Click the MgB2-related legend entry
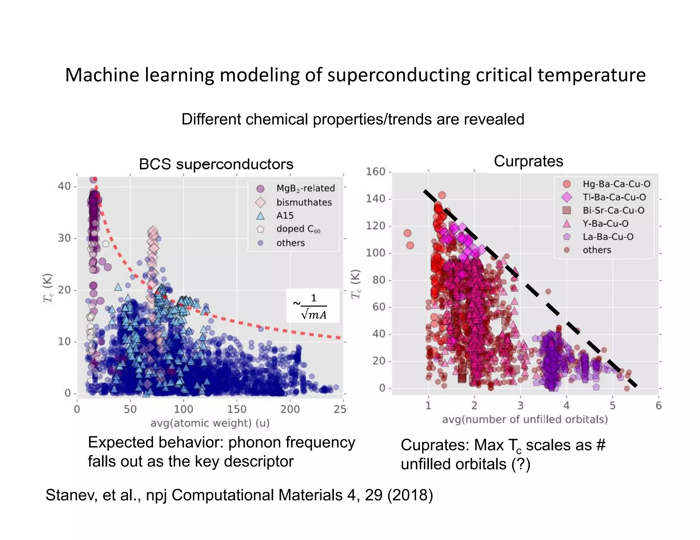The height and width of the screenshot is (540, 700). point(305,188)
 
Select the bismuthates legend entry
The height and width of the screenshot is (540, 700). point(304,202)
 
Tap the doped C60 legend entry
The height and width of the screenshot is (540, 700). point(298,229)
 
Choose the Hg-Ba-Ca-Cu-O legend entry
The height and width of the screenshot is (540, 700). point(616,184)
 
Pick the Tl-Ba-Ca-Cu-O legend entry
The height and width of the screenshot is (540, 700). point(614,197)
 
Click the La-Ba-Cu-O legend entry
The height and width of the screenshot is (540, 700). point(608,237)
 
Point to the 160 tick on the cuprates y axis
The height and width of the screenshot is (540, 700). point(376,172)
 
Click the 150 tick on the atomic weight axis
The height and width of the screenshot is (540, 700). point(237,409)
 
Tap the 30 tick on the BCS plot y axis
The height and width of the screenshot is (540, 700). point(64,238)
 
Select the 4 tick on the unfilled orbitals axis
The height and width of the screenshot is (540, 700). point(566,406)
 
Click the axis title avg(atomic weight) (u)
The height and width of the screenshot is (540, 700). point(210,423)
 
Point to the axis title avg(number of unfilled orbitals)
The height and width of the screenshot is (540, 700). point(525,420)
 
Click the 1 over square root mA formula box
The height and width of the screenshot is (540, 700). point(313,306)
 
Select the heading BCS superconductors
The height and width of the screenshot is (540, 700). point(216,164)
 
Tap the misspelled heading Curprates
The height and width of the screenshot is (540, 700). point(528,161)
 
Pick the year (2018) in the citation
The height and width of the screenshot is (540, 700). point(410,495)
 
